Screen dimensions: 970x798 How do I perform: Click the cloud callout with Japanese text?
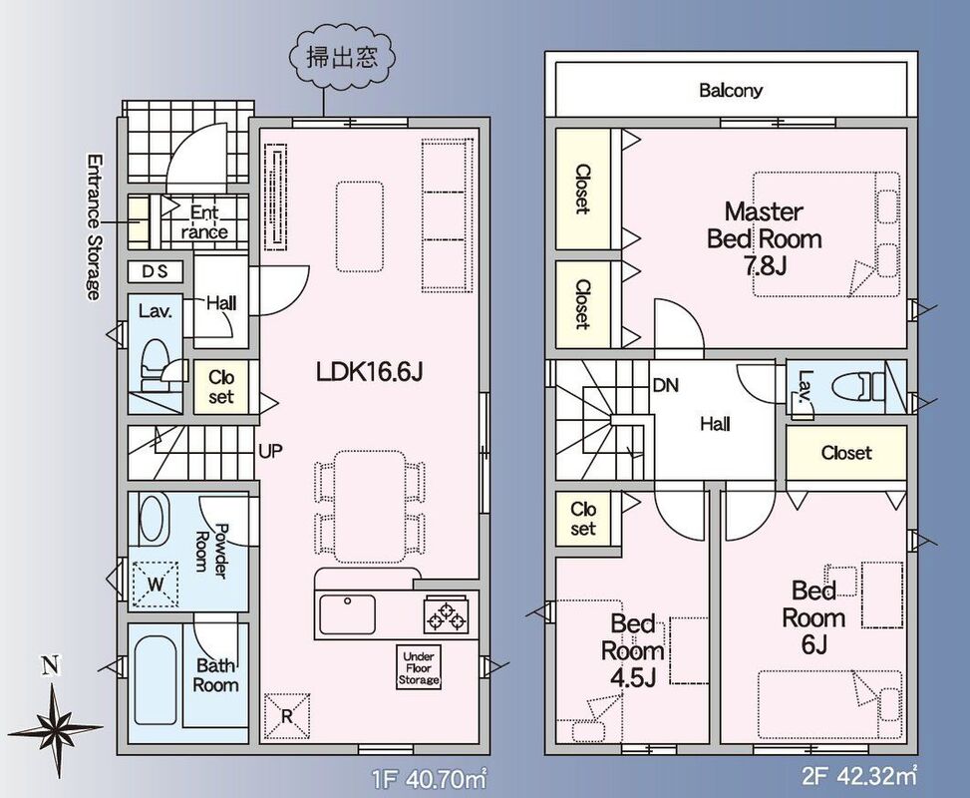pos(342,58)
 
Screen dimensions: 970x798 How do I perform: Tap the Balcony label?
pos(731,91)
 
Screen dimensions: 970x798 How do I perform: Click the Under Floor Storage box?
pos(418,668)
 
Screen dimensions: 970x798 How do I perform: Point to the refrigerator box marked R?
pos(287,715)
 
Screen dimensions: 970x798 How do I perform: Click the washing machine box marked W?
pos(156,584)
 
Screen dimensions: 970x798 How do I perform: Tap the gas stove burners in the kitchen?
pos(446,614)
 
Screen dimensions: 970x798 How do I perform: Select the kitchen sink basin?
pos(347,614)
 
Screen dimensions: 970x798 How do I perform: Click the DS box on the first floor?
pos(156,271)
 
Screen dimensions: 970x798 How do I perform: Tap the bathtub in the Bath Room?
pos(155,680)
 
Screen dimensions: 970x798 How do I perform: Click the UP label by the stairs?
pos(270,451)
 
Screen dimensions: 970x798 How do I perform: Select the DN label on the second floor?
pos(665,385)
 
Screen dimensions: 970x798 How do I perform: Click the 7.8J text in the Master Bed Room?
pos(765,266)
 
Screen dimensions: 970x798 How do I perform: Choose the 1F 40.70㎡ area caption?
pos(429,778)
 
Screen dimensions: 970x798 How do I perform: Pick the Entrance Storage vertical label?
pos(94,226)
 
